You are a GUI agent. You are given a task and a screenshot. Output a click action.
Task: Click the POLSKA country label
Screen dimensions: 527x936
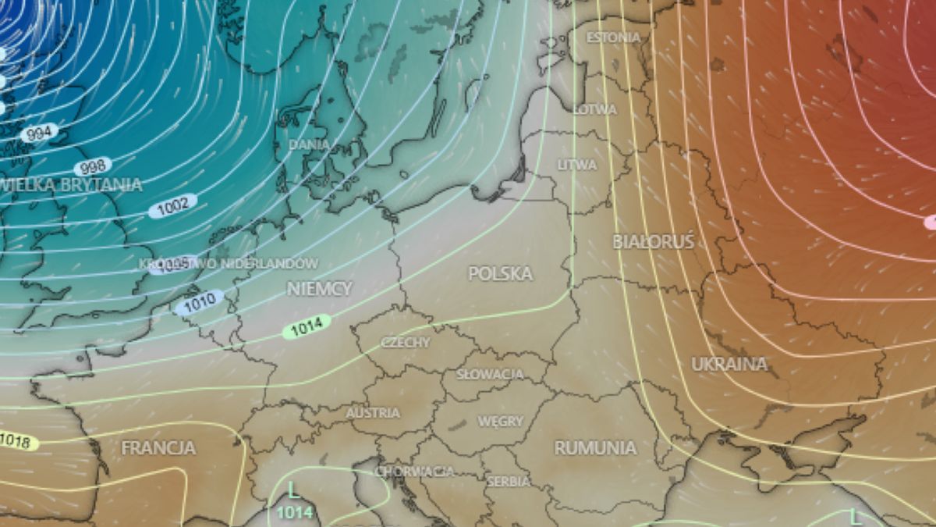tap(500, 274)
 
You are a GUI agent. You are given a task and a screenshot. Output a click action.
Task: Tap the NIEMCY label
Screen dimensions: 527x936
tap(319, 289)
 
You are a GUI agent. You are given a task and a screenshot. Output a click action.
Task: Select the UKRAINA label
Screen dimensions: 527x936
tap(729, 365)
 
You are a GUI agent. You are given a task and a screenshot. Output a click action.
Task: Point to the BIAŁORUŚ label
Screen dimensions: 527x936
tap(653, 242)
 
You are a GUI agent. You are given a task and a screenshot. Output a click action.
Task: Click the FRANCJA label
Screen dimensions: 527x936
tap(158, 448)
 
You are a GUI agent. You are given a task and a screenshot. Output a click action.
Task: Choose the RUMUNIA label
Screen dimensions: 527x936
tap(595, 448)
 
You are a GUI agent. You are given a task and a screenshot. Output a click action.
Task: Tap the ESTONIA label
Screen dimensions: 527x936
tap(613, 37)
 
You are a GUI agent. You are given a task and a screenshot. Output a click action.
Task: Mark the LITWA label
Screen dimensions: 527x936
tap(577, 165)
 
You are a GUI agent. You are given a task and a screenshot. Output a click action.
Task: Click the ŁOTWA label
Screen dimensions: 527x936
tap(595, 109)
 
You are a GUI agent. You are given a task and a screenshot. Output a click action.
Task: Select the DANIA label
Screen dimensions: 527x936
tap(309, 144)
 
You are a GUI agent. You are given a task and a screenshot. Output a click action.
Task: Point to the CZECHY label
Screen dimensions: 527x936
tap(406, 343)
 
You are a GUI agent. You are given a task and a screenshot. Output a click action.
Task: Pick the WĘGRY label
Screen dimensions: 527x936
tap(500, 422)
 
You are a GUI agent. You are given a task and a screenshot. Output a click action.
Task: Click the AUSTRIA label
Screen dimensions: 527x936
tap(373, 413)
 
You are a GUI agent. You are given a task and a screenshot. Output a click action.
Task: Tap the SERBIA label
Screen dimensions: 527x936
tap(508, 482)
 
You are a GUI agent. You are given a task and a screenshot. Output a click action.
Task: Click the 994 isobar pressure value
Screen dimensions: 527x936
tap(38, 133)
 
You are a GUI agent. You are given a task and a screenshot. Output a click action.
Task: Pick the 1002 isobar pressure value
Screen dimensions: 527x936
tap(172, 205)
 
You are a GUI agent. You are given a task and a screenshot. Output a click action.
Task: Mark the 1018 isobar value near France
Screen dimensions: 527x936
tap(16, 442)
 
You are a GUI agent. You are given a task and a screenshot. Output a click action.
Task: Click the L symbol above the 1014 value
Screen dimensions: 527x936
tap(293, 491)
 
